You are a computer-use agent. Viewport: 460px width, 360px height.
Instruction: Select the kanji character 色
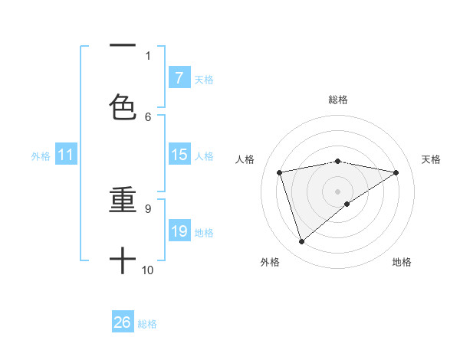pyautogui.click(x=123, y=107)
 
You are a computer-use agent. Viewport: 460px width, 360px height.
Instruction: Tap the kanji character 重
pyautogui.click(x=123, y=200)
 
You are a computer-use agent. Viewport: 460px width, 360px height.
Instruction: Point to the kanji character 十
pyautogui.click(x=123, y=260)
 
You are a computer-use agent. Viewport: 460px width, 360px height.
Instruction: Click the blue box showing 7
pyautogui.click(x=179, y=78)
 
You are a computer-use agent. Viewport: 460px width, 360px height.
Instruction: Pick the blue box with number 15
pyautogui.click(x=179, y=155)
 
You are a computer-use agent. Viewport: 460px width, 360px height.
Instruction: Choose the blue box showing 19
pyautogui.click(x=179, y=231)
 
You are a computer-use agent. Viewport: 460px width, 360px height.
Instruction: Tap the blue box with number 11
pyautogui.click(x=66, y=155)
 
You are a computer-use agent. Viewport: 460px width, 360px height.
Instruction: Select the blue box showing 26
pyautogui.click(x=123, y=322)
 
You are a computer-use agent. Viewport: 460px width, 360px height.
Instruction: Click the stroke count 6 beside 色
pyautogui.click(x=148, y=116)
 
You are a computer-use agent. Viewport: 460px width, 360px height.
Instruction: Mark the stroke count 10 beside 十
pyautogui.click(x=148, y=270)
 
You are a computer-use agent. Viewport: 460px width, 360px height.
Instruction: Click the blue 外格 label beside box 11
pyautogui.click(x=41, y=155)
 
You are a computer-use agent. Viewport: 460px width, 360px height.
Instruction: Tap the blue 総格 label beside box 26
pyautogui.click(x=147, y=323)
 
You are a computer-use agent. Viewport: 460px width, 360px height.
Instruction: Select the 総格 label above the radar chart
pyautogui.click(x=338, y=100)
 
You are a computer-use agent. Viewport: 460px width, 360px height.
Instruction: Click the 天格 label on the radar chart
pyautogui.click(x=431, y=159)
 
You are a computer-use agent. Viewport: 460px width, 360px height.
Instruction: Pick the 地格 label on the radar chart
pyautogui.click(x=402, y=262)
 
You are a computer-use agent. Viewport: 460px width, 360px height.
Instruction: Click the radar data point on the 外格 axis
pyautogui.click(x=301, y=242)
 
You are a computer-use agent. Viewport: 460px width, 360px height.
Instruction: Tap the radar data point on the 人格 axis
pyautogui.click(x=280, y=172)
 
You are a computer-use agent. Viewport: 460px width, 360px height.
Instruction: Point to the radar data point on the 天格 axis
pyautogui.click(x=396, y=172)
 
